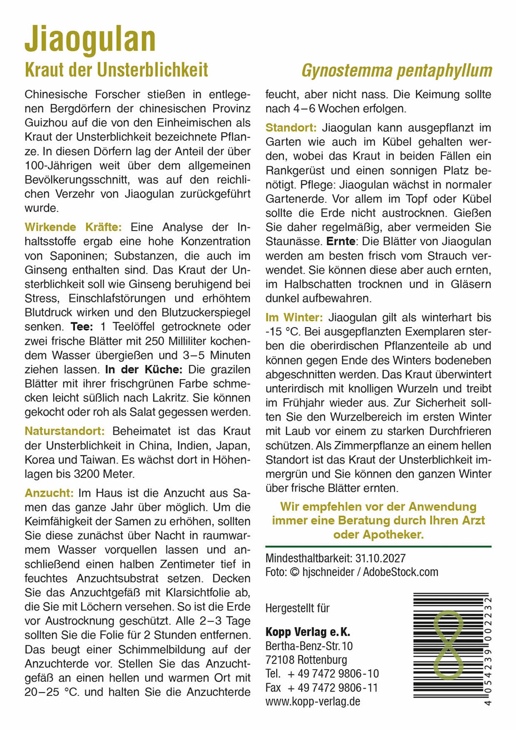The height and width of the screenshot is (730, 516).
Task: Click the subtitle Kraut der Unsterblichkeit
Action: tap(116, 70)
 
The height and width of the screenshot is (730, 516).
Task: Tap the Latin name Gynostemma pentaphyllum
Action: tap(397, 71)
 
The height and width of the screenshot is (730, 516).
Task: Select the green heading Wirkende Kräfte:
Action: tap(73, 227)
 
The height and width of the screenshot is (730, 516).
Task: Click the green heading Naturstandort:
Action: tap(64, 431)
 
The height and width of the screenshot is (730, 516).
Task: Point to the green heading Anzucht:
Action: tap(49, 493)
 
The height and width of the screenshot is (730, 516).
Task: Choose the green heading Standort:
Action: tap(291, 128)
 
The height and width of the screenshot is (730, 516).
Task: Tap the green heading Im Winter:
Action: tap(294, 318)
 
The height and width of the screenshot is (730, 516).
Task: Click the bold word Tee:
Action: tap(82, 327)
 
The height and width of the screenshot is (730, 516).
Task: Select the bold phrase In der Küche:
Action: tap(144, 369)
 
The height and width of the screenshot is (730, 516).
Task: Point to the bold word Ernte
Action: tap(341, 241)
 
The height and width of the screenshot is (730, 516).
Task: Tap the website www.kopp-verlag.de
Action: tap(313, 701)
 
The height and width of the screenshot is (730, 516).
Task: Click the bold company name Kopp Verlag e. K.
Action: tap(308, 632)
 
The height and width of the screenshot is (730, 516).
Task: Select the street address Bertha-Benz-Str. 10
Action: tap(309, 646)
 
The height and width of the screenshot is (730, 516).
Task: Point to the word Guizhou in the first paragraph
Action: tap(47, 123)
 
